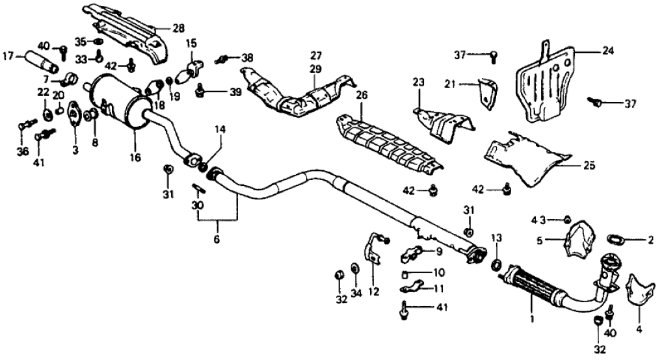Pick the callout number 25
tap(589, 166)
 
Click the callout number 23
tap(417, 83)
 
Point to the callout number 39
tap(235, 93)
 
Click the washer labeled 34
tap(354, 268)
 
